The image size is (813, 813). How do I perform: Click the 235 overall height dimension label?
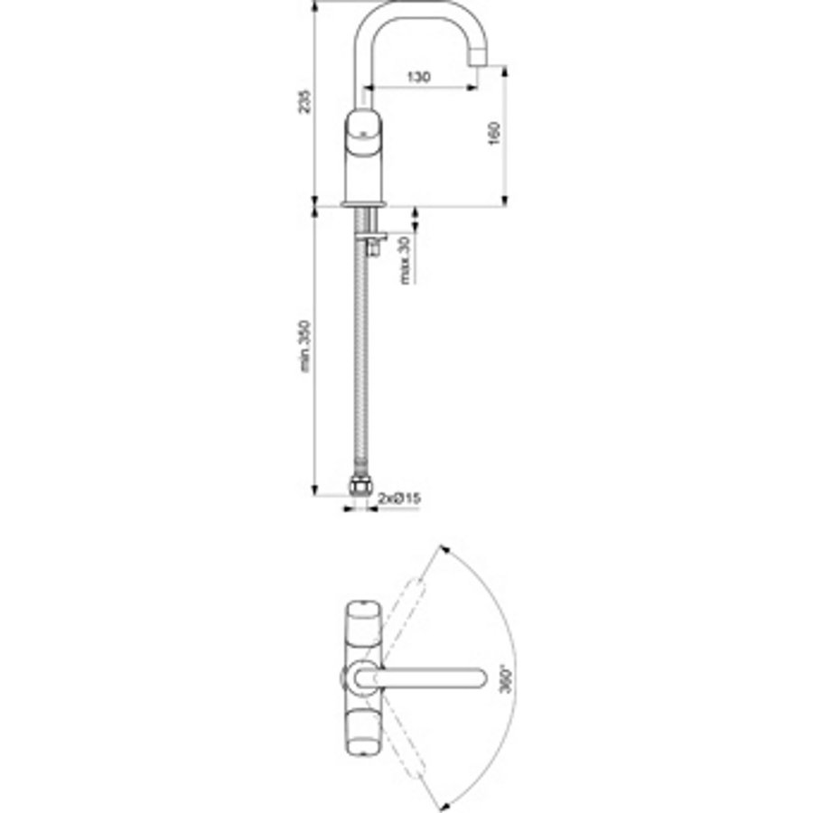point(305,102)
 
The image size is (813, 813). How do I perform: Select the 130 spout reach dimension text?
point(417,78)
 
